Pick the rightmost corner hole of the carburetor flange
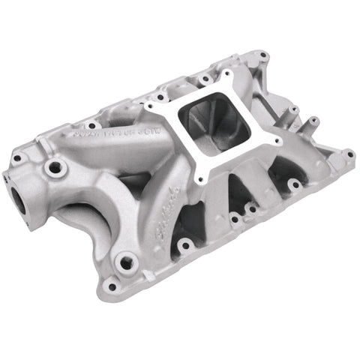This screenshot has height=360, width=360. coord(277,140)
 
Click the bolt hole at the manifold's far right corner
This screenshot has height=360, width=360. coord(349,154)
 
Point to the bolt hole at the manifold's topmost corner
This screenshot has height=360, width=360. coord(262,55)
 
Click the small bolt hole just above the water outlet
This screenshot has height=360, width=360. coord(16,158)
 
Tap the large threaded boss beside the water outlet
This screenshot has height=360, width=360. coord(54,169)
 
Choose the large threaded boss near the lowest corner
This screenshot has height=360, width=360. coord(126,262)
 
